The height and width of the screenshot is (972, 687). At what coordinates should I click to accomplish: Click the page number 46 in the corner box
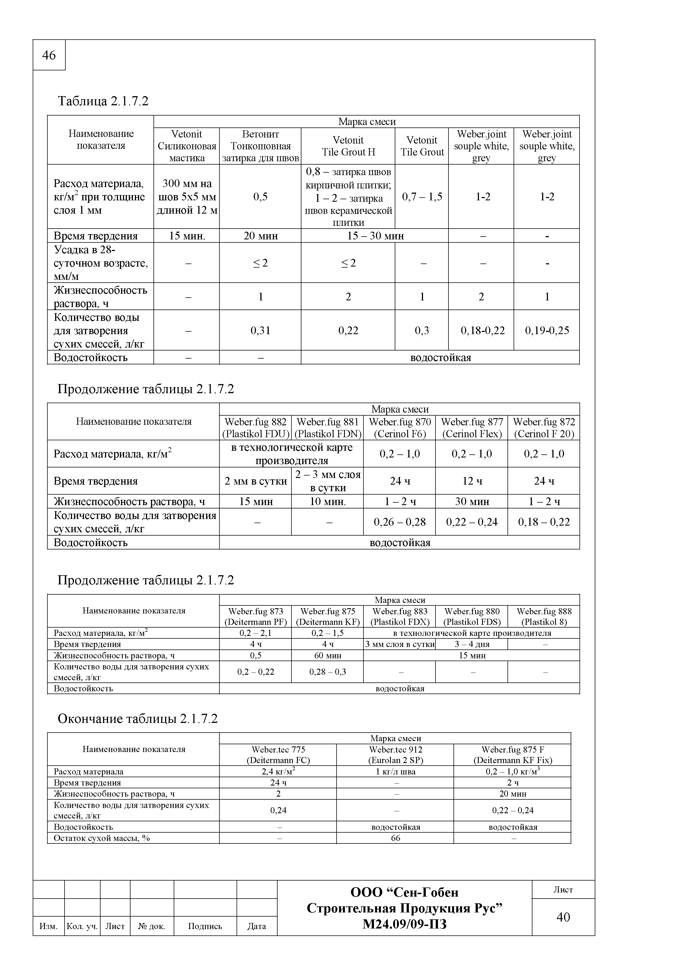[49, 55]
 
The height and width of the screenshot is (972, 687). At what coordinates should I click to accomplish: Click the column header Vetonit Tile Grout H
[348, 146]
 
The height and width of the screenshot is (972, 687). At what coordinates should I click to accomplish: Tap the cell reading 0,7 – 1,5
[422, 196]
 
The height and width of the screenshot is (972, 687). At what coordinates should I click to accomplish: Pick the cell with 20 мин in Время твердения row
[260, 236]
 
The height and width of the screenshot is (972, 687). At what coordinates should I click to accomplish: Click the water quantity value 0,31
[260, 330]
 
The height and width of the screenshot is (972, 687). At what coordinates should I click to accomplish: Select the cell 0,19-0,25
[547, 330]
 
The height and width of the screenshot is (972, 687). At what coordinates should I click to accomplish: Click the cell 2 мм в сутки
[255, 481]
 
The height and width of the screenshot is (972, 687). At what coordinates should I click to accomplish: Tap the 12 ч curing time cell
[471, 481]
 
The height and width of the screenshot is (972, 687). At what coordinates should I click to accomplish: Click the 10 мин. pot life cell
[327, 502]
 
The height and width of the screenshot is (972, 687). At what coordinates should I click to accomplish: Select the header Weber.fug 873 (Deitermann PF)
[255, 617]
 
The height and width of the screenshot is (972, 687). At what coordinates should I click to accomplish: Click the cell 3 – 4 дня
[471, 644]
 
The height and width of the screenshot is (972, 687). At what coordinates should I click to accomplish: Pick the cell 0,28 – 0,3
[327, 672]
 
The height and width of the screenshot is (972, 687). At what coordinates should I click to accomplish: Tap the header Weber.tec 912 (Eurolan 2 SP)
[395, 754]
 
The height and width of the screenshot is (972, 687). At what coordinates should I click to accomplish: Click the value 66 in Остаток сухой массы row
[395, 838]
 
